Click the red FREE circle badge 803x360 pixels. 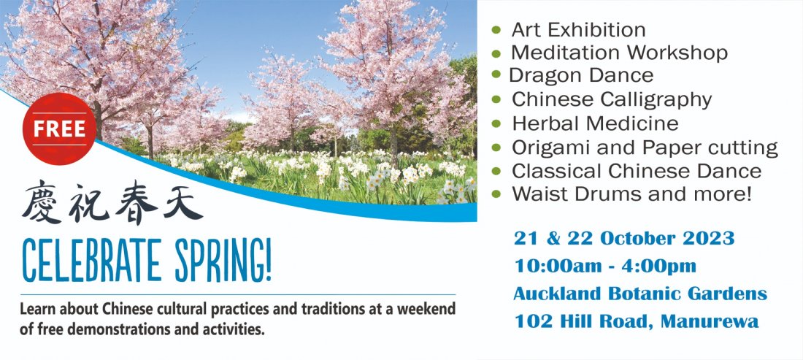pos(59,129)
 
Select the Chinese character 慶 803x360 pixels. pos(42,202)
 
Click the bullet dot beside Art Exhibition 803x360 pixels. pos(496,29)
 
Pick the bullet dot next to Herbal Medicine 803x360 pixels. pos(496,123)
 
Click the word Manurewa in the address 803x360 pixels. pos(710,321)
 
